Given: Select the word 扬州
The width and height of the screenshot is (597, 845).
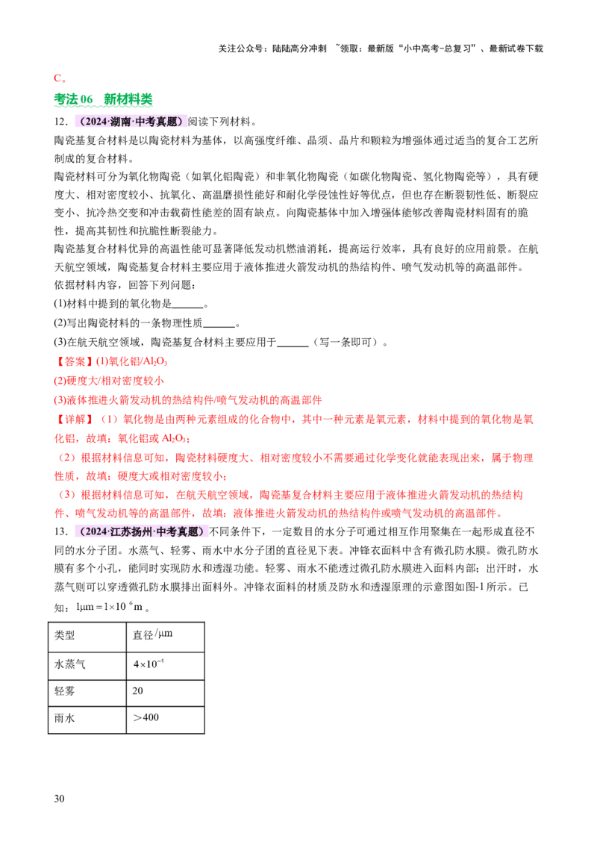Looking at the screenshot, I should click(x=140, y=531).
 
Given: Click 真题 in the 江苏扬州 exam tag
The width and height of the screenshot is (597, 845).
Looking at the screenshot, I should click(x=189, y=531).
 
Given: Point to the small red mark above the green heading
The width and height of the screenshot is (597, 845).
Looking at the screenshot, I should click(x=60, y=77).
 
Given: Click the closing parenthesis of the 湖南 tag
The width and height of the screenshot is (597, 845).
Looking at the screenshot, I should click(x=184, y=122).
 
